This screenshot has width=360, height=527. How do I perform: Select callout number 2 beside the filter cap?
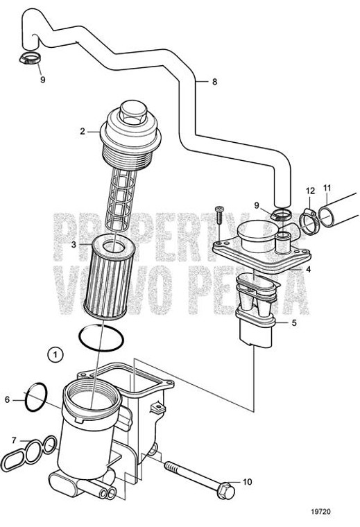83,131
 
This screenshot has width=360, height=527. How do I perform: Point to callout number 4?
308,269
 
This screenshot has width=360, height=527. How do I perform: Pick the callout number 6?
8,399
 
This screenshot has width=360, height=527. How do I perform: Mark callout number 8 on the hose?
214,82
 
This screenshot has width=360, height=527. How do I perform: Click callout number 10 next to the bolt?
248,481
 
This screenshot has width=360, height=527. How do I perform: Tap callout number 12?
309,190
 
